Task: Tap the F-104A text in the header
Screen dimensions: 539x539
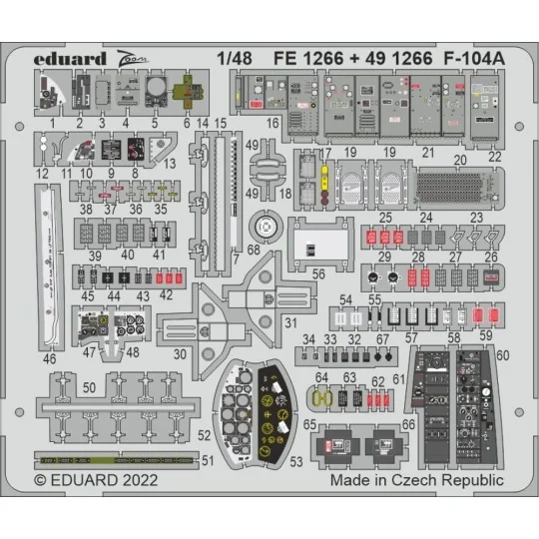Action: tap(473, 58)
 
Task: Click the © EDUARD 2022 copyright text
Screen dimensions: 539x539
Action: tap(95, 480)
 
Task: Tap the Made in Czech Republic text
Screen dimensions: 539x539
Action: tap(417, 480)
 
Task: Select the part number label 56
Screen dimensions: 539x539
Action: tap(318, 270)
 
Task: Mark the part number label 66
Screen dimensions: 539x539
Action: tap(409, 424)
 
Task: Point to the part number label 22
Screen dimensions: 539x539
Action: tap(495, 158)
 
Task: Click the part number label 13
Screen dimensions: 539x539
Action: tap(171, 163)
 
